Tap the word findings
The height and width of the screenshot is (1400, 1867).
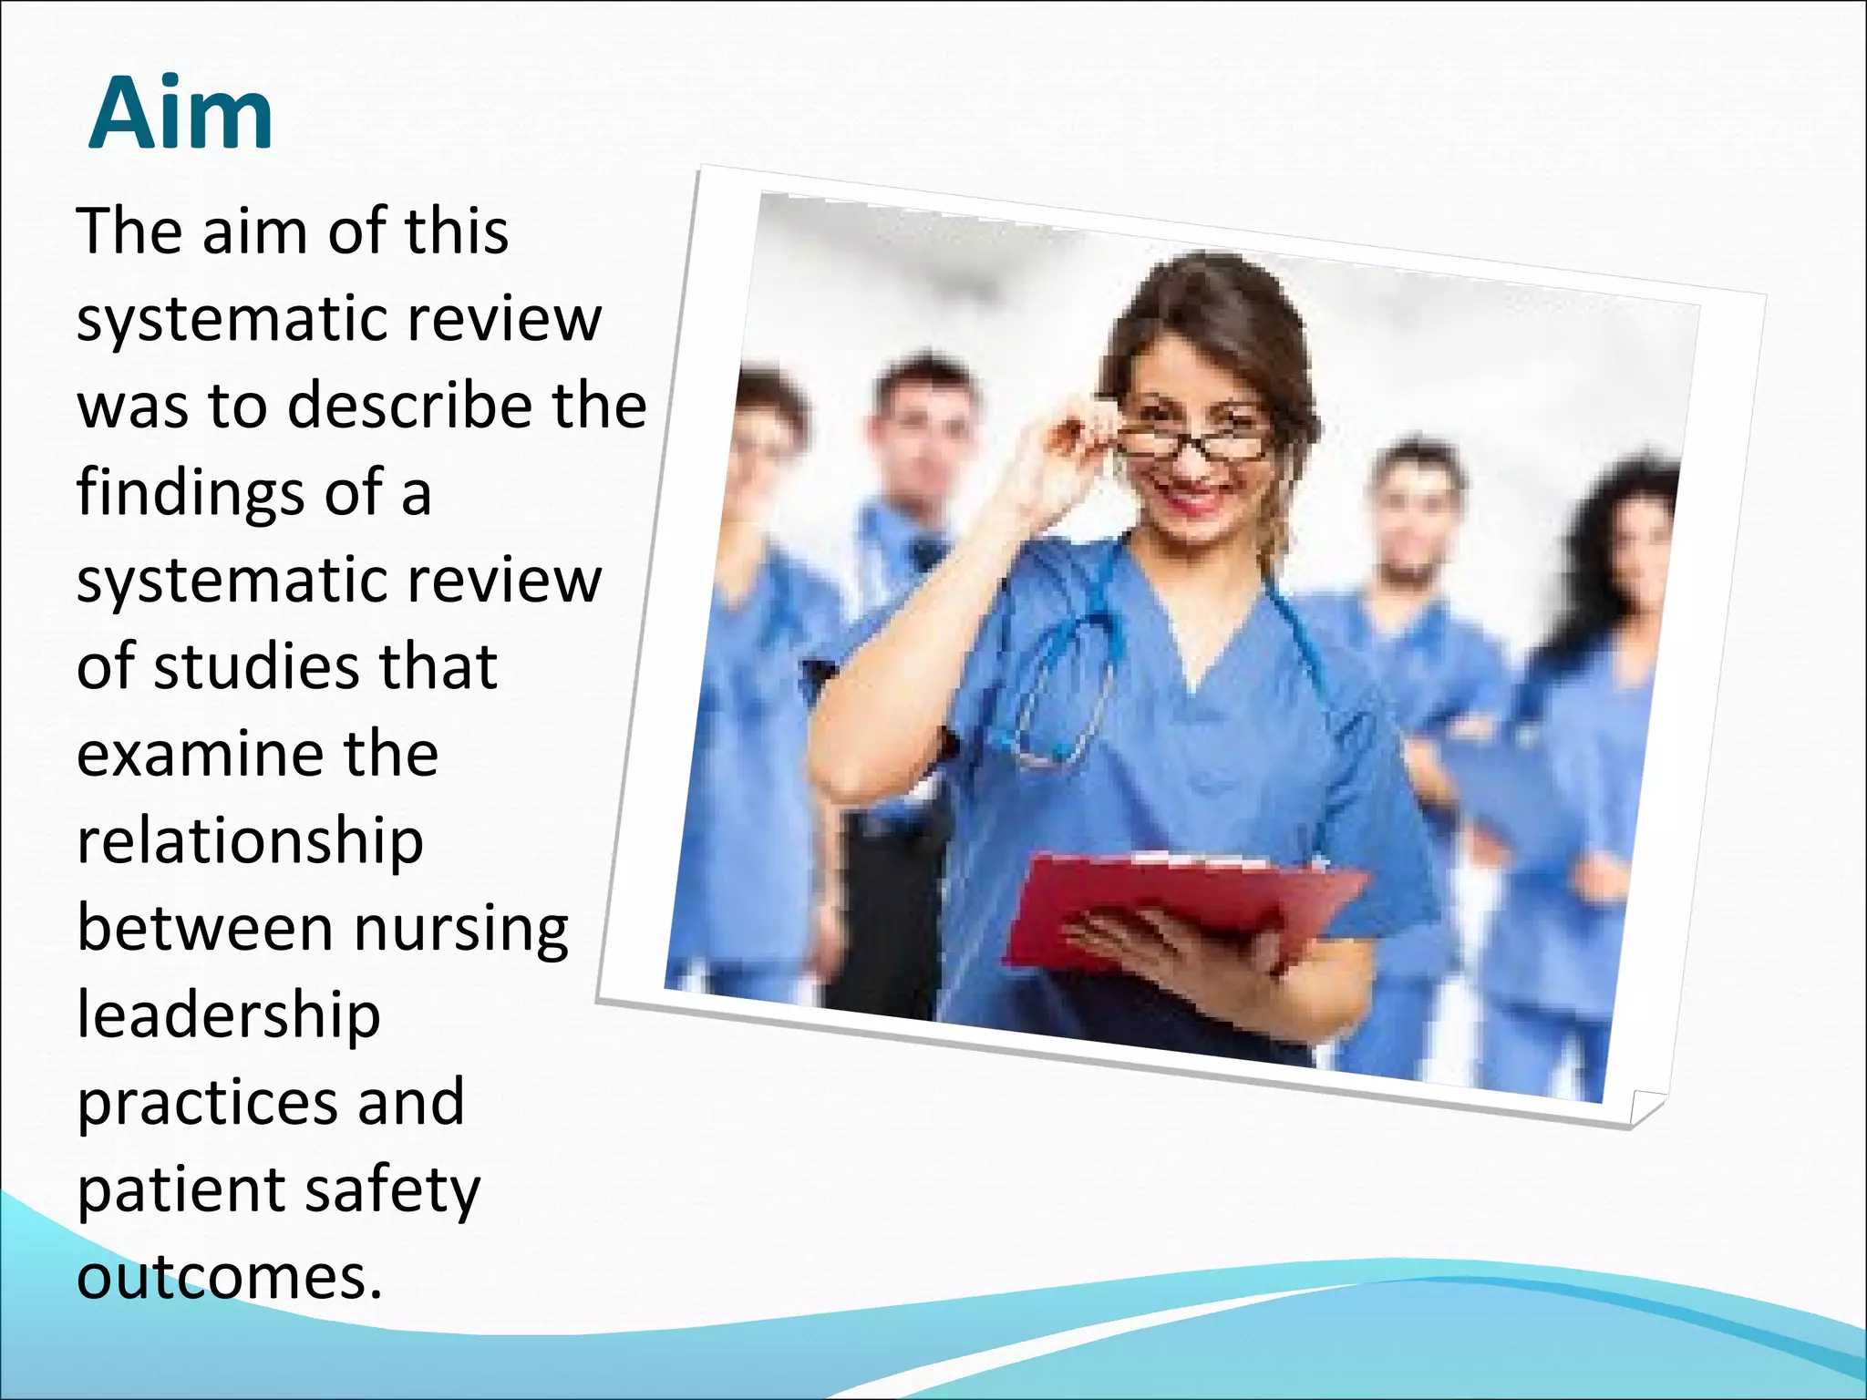tap(189, 493)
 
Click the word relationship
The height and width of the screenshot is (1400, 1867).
tap(250, 842)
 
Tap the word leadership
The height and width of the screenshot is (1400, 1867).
tap(228, 1015)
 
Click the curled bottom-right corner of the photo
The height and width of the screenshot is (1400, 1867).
tap(1645, 1107)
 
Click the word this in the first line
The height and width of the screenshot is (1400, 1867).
tap(457, 232)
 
